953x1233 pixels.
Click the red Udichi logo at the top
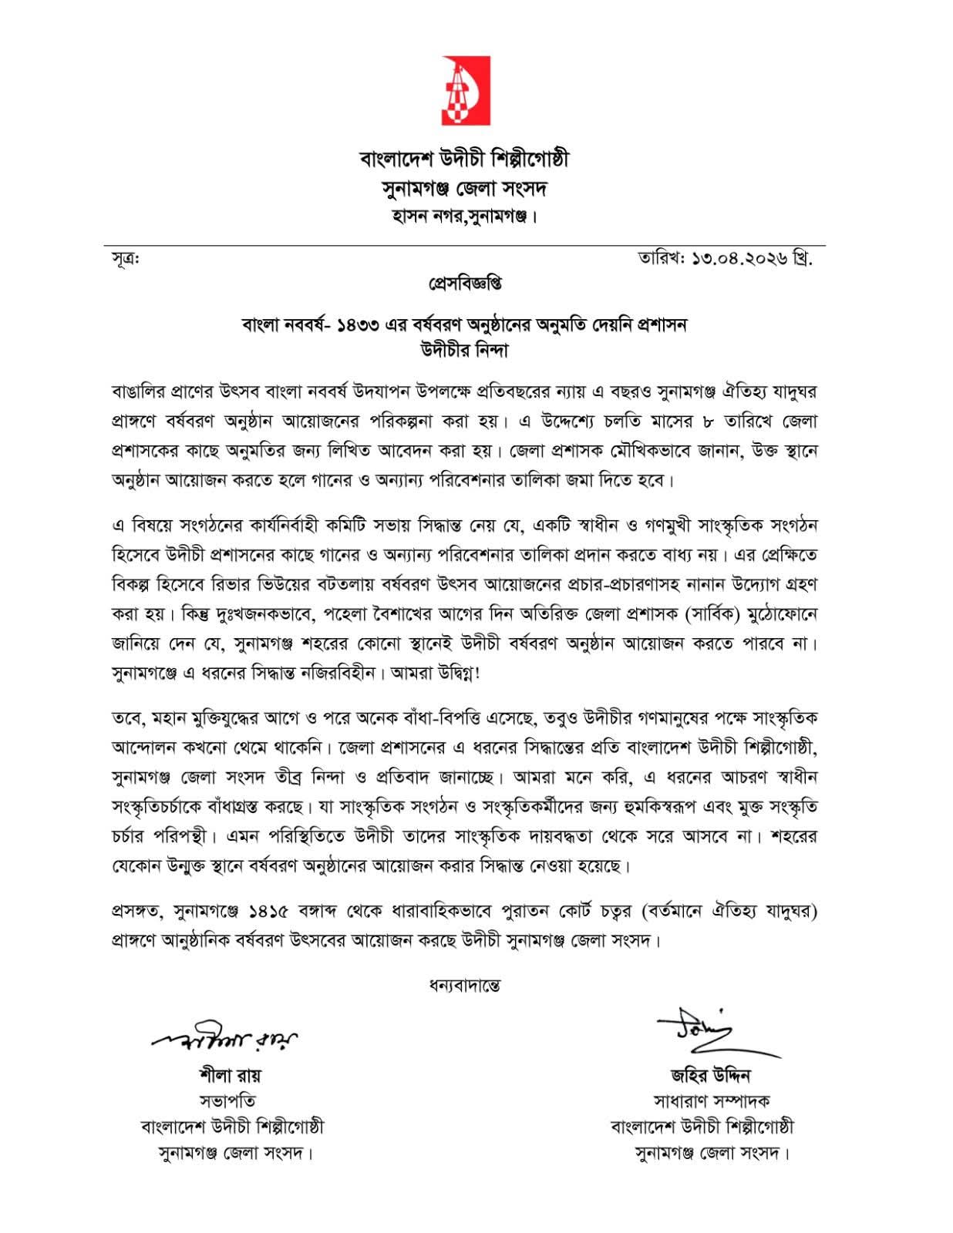(465, 90)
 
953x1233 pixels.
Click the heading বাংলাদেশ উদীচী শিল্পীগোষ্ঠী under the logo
(464, 160)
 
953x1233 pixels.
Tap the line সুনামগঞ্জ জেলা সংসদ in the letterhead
(464, 189)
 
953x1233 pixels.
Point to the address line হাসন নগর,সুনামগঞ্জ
(464, 217)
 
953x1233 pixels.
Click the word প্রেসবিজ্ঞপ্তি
(465, 284)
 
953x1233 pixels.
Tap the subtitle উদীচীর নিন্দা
(465, 350)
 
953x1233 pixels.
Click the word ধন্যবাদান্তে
(465, 986)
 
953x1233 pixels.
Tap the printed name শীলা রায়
(230, 1076)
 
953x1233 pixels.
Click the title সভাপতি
(230, 1101)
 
